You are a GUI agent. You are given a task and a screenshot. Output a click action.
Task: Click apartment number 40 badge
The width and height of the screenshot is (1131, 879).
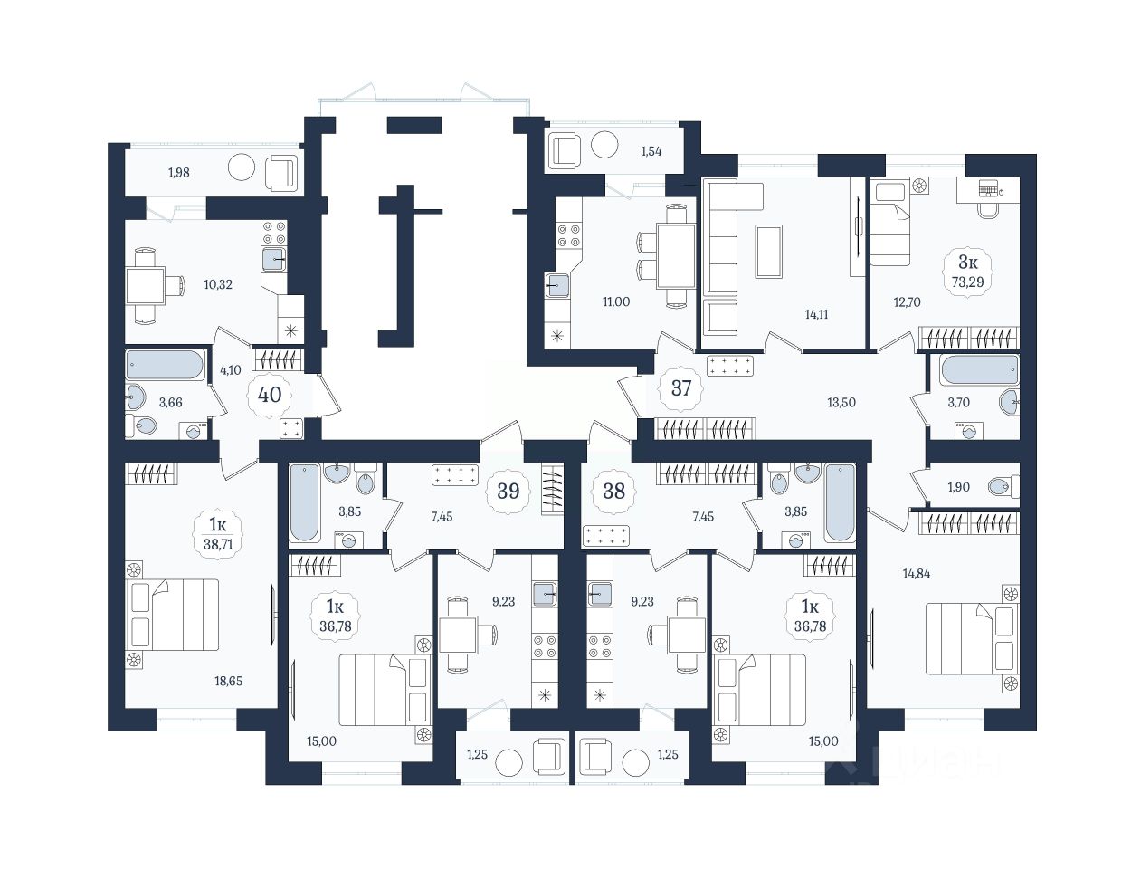(270, 394)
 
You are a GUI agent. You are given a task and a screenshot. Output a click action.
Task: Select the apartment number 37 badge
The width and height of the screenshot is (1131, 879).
(680, 387)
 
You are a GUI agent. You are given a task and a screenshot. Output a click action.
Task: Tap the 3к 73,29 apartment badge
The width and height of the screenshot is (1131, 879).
(967, 272)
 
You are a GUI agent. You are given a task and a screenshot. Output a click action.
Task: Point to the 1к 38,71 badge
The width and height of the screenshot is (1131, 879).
(218, 534)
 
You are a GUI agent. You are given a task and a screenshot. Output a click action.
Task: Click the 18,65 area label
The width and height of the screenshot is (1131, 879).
(229, 681)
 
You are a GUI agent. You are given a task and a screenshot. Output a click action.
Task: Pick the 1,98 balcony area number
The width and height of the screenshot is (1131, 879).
(178, 172)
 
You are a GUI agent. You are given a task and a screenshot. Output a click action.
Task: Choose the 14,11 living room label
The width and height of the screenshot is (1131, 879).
(816, 314)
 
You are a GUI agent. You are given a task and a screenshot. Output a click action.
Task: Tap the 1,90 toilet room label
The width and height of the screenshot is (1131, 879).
(958, 487)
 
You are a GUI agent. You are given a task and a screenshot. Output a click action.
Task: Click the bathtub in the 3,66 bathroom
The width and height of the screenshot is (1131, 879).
(165, 364)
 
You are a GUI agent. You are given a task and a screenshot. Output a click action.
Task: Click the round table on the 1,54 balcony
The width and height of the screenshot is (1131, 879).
(604, 144)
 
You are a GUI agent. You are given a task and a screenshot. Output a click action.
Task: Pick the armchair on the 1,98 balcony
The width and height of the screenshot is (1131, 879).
(281, 173)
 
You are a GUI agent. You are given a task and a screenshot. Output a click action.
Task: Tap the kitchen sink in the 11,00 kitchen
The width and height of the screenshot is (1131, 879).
(557, 285)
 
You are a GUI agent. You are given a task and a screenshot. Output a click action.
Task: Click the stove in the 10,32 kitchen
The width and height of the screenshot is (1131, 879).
(274, 233)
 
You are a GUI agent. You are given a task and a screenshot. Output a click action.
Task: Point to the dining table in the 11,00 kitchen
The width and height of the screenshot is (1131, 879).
(676, 255)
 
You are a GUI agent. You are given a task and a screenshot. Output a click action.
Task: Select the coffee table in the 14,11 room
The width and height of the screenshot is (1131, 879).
(769, 252)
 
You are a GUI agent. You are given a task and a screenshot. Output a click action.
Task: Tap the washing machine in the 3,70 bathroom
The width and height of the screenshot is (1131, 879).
(969, 432)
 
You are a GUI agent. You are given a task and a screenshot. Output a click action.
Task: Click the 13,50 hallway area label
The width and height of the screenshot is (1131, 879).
(841, 402)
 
